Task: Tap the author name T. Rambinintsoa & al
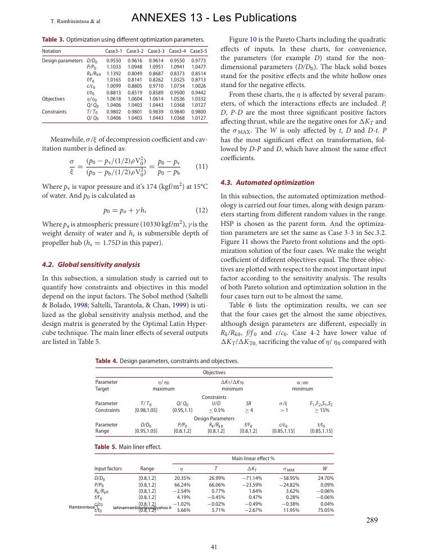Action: pyautogui.click(x=75, y=21)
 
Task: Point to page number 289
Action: pyautogui.click(x=372, y=520)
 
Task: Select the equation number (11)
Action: pyautogui.click(x=201, y=166)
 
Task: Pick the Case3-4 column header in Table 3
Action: pyautogui.click(x=178, y=51)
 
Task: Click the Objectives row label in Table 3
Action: pyautogui.click(x=55, y=98)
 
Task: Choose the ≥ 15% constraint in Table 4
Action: pyautogui.click(x=321, y=410)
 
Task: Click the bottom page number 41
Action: pyautogui.click(x=214, y=546)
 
